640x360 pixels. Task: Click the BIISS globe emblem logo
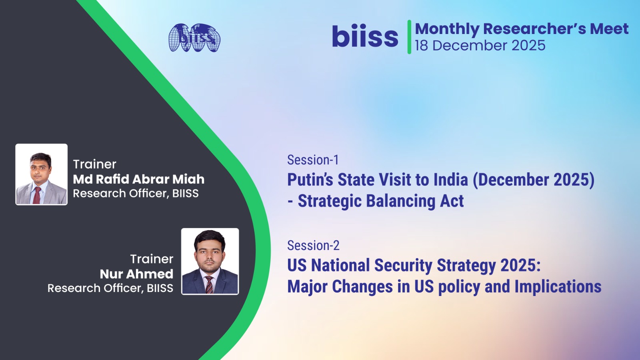tap(194, 38)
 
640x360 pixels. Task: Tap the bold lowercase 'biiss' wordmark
tap(365, 36)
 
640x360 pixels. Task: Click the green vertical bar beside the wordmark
tap(409, 37)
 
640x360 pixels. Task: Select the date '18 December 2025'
tap(480, 46)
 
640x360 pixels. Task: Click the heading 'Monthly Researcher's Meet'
tap(522, 29)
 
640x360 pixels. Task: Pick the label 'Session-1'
tap(313, 160)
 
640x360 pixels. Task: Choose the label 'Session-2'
tap(313, 246)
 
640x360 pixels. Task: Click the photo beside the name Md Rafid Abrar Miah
tap(42, 174)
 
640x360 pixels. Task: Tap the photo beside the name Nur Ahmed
tap(210, 261)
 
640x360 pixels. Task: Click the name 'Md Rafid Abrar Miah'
tap(138, 179)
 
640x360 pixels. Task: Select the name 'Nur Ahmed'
tap(136, 274)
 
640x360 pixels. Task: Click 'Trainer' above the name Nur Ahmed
tap(152, 259)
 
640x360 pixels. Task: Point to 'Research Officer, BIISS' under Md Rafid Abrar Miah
tap(136, 194)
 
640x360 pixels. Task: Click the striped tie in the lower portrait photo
tap(210, 284)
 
